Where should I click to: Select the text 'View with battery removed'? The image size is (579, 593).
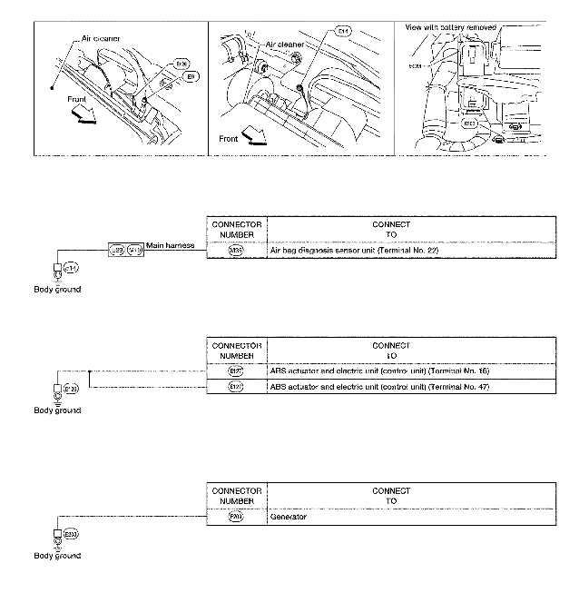pos(451,27)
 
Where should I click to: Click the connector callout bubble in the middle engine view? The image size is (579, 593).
pos(342,32)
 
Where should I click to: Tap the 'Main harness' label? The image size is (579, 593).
pos(169,247)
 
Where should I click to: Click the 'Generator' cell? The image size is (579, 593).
pos(288,517)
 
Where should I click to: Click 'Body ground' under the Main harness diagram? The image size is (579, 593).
pos(57,289)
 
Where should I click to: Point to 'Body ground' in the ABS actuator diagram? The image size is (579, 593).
pos(57,410)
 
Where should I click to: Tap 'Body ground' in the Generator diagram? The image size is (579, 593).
pos(57,556)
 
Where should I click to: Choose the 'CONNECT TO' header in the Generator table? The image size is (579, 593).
pos(391,495)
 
